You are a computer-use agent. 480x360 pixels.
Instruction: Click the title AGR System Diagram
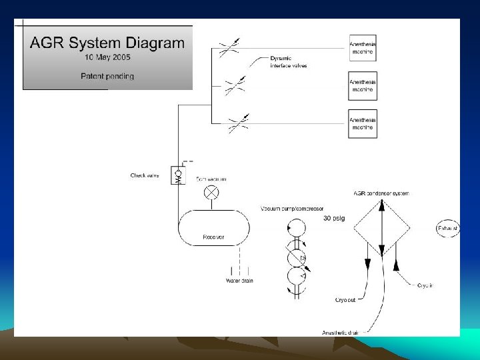(107, 43)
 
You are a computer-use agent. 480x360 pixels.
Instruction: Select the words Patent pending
(107, 76)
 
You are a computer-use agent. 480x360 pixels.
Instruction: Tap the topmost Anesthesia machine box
(363, 48)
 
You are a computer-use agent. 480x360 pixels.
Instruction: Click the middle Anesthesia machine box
(363, 85)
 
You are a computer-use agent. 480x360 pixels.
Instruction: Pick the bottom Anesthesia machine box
(363, 123)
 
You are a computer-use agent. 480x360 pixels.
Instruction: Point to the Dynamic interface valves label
(288, 62)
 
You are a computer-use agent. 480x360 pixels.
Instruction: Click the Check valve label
(145, 175)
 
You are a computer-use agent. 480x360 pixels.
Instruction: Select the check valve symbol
(178, 176)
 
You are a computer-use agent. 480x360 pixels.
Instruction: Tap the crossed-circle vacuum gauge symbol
(211, 192)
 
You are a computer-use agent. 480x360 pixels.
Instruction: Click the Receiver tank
(213, 227)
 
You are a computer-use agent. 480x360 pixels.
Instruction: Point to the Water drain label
(239, 281)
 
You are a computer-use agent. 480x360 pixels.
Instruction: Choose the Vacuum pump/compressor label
(292, 209)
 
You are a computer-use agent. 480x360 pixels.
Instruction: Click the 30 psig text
(333, 219)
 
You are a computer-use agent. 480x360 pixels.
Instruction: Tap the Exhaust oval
(447, 229)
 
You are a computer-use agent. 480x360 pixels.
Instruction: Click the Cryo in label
(425, 285)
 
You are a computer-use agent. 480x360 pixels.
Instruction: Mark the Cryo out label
(345, 300)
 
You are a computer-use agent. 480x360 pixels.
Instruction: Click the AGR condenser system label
(381, 193)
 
